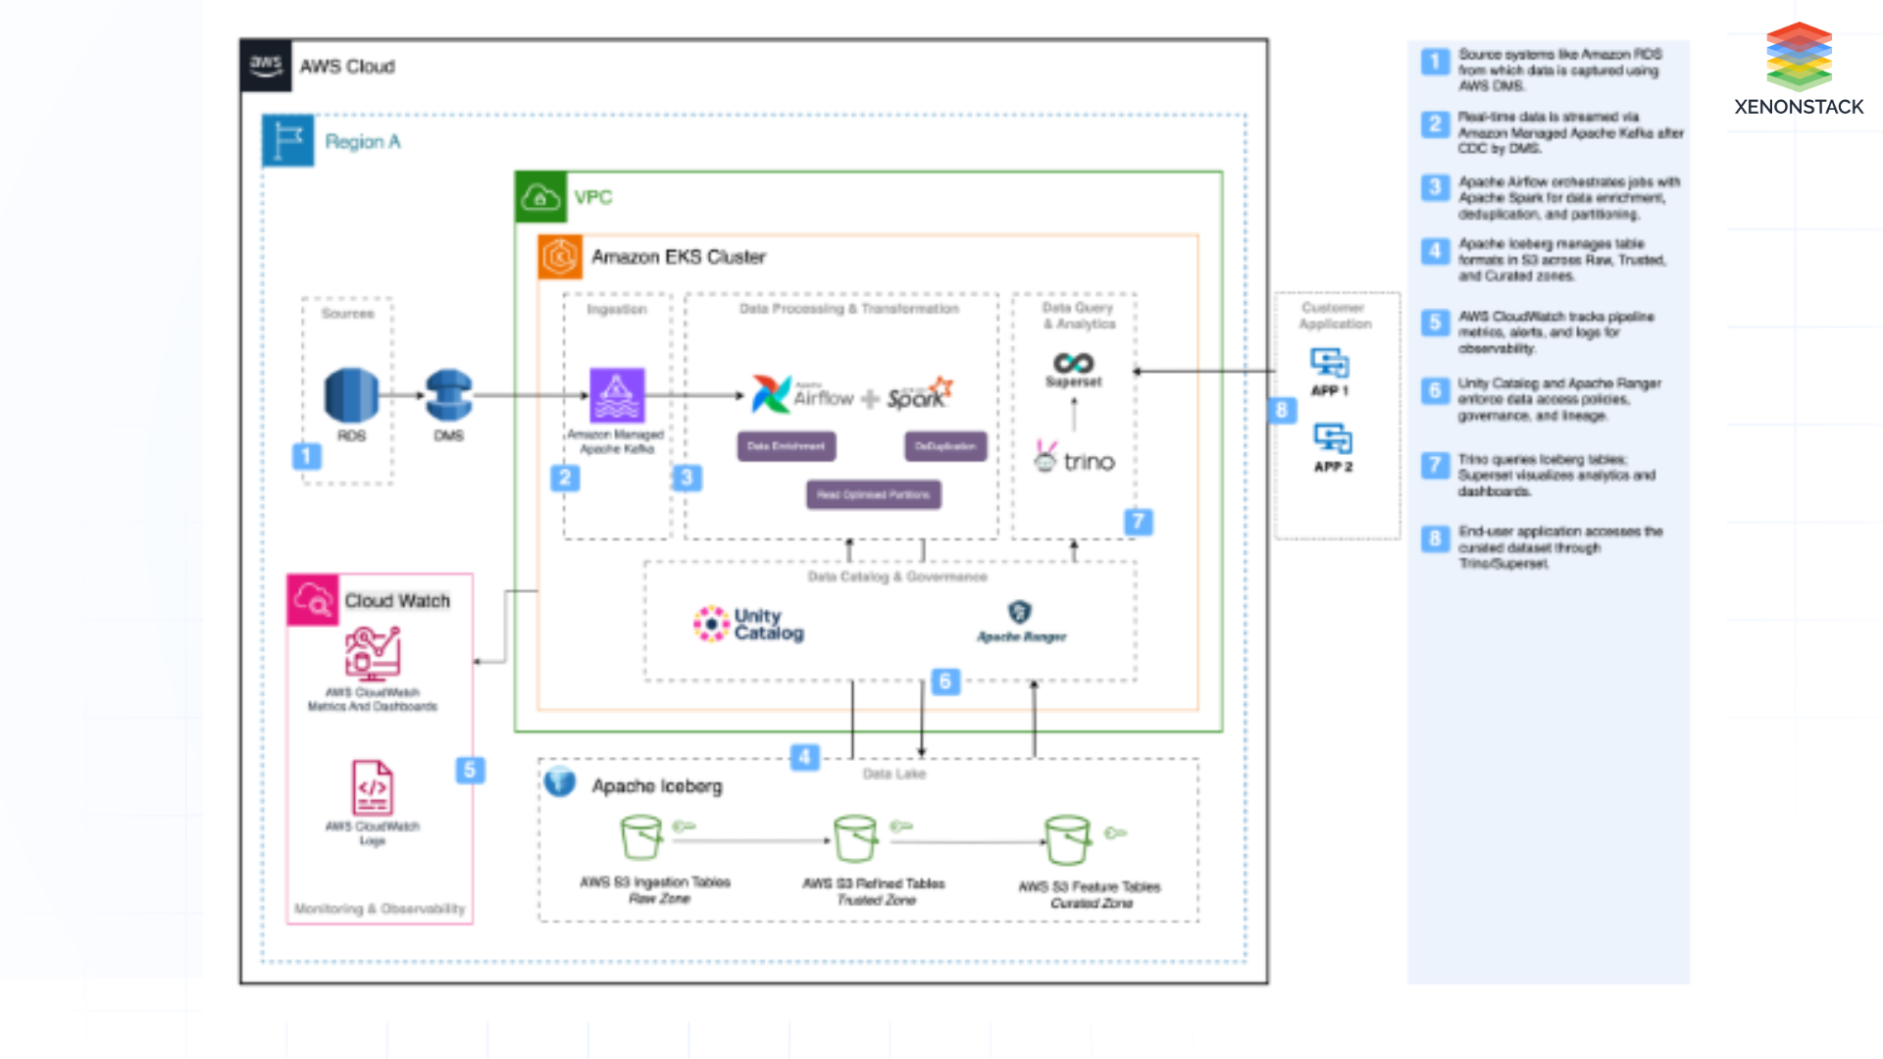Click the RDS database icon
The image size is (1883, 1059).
[351, 394]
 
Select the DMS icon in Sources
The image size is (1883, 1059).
[449, 395]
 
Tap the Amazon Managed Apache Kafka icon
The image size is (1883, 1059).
[617, 394]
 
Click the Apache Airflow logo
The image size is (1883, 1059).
[772, 394]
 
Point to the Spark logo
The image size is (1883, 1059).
[919, 394]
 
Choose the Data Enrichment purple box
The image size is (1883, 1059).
[787, 446]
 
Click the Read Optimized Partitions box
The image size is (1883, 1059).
[874, 494]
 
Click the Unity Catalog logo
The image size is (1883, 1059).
[712, 624]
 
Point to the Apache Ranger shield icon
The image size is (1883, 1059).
[1020, 613]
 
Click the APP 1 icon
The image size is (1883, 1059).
[1330, 364]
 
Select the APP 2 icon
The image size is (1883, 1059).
[1332, 438]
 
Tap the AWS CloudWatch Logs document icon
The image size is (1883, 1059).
[373, 788]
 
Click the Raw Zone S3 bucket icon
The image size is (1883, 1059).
[641, 838]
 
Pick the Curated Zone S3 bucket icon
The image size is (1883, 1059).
[1067, 840]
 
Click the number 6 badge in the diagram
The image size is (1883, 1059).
[944, 681]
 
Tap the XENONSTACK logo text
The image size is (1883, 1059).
[1799, 107]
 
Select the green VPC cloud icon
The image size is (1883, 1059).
[540, 197]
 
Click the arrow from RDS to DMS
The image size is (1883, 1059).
[401, 395]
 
